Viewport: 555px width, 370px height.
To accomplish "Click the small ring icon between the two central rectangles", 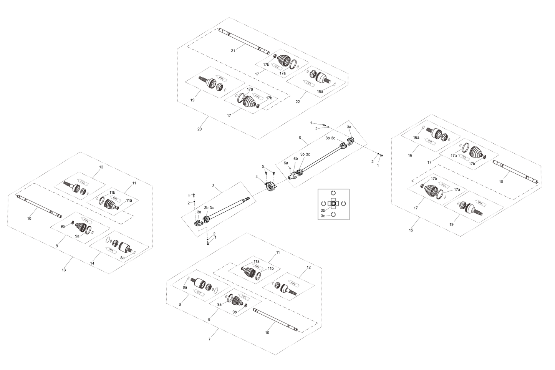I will (x=270, y=186).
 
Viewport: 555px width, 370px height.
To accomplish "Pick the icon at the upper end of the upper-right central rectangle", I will (x=347, y=143).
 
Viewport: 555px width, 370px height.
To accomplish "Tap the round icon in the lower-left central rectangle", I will (x=203, y=221).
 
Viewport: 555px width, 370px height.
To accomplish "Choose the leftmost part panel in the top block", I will (x=215, y=83).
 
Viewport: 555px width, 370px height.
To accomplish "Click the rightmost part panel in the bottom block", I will (x=288, y=286).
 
